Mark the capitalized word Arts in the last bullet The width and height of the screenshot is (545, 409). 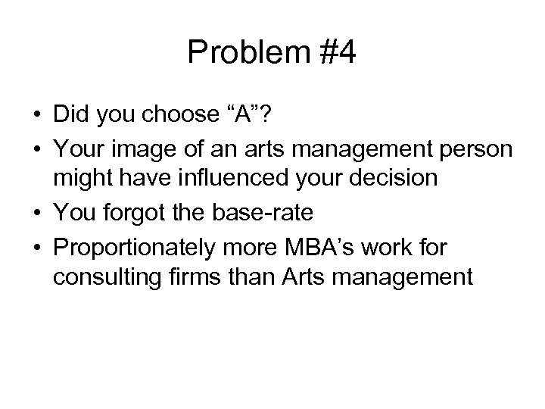coord(296,278)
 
